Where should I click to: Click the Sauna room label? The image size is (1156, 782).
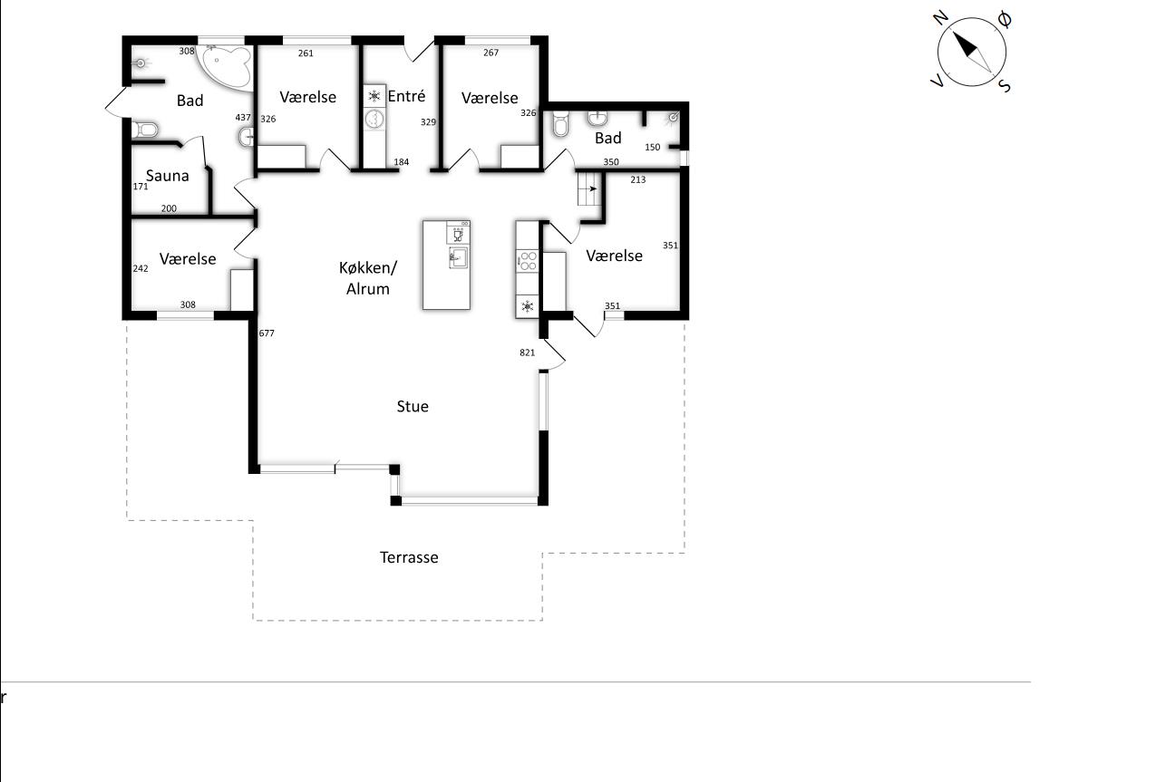click(x=167, y=176)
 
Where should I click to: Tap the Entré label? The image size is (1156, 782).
click(x=407, y=96)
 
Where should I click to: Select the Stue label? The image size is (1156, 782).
click(x=413, y=407)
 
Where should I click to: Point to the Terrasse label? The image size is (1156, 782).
click(x=409, y=557)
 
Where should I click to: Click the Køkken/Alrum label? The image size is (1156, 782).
click(x=367, y=278)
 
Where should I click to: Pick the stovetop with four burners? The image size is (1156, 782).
click(x=528, y=261)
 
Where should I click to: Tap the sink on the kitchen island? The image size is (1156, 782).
click(x=458, y=257)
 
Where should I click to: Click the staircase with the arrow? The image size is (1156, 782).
click(x=589, y=188)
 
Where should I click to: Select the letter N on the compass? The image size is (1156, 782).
click(x=941, y=18)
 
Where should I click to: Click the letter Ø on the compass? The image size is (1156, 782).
click(x=1005, y=20)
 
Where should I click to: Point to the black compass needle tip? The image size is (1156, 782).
click(x=953, y=33)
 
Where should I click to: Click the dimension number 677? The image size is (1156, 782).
click(x=267, y=333)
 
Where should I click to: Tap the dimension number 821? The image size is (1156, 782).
click(x=527, y=352)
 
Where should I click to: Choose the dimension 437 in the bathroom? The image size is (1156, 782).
click(x=243, y=118)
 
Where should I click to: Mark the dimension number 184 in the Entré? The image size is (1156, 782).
click(x=401, y=162)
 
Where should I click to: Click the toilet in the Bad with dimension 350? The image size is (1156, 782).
click(x=560, y=123)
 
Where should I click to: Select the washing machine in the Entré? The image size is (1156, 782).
click(x=374, y=119)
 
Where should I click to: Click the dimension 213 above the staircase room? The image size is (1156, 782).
click(x=638, y=180)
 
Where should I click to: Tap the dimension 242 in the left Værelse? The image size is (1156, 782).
click(x=141, y=269)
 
